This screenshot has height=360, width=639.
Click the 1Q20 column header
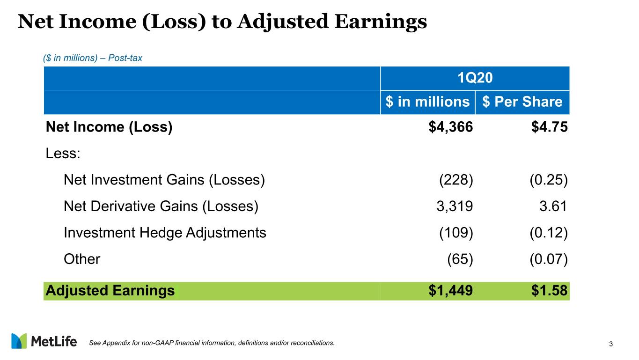point(475,78)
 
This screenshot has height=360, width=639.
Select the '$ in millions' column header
point(427,102)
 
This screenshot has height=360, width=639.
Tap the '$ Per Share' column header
point(522,102)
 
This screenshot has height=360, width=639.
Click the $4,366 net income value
point(451,127)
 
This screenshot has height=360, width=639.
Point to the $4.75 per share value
point(550,127)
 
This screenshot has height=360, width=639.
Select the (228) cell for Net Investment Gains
point(456,180)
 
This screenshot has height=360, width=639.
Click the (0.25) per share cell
point(549,180)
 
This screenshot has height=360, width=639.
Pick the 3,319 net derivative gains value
point(455,206)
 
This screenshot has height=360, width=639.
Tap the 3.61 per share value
point(553,206)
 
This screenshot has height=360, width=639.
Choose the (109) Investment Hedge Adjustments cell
point(456,233)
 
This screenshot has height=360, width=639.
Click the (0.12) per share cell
point(549,233)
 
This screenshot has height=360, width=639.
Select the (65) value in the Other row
point(460,259)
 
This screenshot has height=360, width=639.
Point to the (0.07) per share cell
point(549,259)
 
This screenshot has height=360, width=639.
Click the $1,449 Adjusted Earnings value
point(451,291)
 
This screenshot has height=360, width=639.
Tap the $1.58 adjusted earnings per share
point(550,291)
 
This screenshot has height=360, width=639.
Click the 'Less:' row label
point(63,154)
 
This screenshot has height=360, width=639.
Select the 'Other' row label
point(82,259)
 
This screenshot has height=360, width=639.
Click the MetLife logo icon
point(19,341)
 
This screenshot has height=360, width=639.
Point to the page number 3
point(611,344)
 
